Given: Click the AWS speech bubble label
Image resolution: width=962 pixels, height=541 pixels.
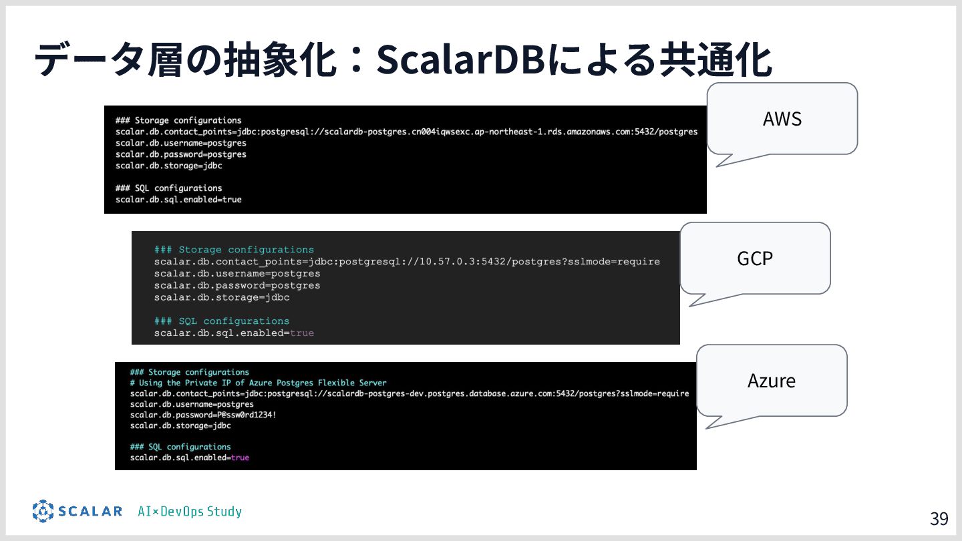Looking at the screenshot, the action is pos(782,119).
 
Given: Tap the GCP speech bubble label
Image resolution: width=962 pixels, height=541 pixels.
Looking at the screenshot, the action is pos(755,258).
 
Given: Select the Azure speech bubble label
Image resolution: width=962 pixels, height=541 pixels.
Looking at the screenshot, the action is pos(772,381).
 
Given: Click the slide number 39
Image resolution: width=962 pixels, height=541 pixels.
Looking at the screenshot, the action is pos(939,519).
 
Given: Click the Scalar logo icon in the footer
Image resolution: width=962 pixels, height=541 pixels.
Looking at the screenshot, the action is pos(43,511).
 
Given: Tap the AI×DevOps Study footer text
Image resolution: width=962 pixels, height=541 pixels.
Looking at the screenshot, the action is pos(190,512).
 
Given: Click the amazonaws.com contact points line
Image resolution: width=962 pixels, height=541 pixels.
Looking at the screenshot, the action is pos(406,132).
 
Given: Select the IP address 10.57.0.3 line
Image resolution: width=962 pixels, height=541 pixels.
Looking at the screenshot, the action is pos(406,261).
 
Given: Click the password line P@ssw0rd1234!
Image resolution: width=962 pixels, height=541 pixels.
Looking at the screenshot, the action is pos(203,415).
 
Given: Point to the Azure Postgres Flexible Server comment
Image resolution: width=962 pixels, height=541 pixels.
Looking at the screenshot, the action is pos(258,383).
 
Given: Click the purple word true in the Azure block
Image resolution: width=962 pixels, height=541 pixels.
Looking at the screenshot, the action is pos(240,458).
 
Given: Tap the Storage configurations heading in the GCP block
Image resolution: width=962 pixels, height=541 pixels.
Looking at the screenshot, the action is pos(234,250).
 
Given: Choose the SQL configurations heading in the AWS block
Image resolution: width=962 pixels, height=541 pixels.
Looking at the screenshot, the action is pos(168,188).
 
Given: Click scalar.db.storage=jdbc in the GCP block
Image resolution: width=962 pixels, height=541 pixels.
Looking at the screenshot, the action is pos(222,297).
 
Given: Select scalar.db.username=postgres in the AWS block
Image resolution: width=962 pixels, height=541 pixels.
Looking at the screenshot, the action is pos(180,143).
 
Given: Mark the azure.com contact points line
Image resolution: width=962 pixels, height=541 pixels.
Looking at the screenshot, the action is pos(409,393).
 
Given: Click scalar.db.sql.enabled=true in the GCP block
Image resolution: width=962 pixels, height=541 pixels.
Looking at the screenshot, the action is pos(234,333).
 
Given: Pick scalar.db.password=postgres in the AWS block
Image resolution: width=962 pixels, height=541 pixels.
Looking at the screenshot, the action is pos(180,154).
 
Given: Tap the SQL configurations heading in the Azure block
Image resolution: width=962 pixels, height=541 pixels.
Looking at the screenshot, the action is pos(180,447).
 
